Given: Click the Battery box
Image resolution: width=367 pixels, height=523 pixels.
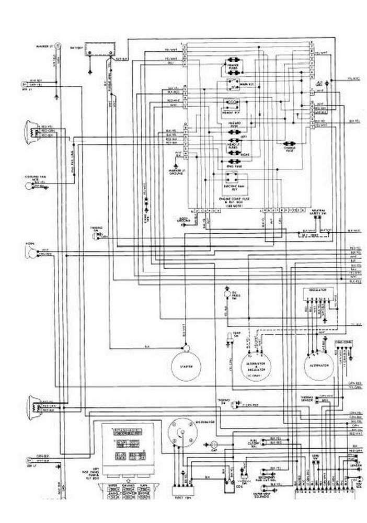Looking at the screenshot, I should coord(101,49).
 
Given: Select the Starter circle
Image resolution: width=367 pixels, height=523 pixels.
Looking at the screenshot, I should coord(187,366).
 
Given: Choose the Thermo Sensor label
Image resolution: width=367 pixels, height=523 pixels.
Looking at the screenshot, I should coord(307,399).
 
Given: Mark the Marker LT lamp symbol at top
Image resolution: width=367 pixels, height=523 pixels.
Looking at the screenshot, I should coord(59,46).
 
